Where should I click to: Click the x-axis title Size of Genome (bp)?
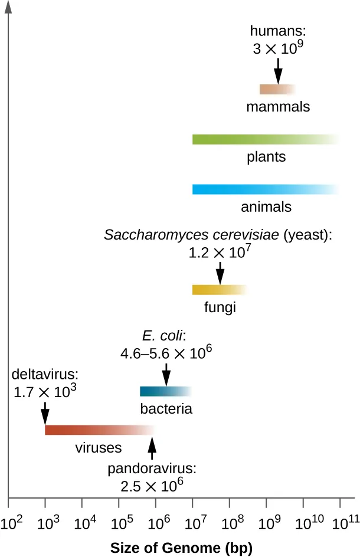pos(181,548)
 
